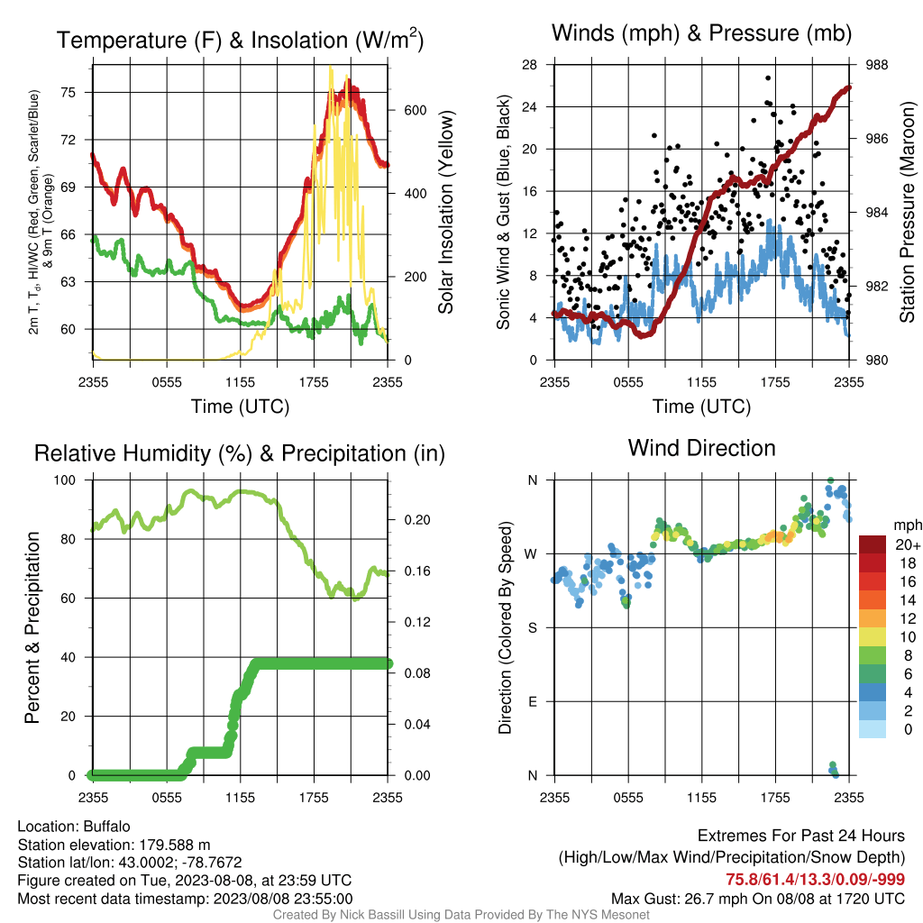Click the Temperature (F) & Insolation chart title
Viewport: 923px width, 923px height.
240,40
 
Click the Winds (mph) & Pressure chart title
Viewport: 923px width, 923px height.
701,33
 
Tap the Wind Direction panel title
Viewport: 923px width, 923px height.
701,448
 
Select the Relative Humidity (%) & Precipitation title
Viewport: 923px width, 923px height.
240,453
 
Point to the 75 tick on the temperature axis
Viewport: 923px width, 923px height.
69,93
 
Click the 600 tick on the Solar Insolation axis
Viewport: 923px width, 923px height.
415,111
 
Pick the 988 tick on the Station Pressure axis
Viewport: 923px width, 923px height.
876,65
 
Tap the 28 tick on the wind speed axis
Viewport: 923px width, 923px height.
530,65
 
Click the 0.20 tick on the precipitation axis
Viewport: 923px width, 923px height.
417,520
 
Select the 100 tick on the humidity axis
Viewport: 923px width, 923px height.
65,480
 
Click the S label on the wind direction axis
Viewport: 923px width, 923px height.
533,628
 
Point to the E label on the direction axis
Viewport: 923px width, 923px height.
533,701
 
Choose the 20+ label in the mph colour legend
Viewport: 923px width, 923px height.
907,544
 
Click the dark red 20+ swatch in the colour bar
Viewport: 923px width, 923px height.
873,544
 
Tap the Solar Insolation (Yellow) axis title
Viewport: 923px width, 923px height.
445,212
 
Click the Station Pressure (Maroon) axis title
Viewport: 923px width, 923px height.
907,212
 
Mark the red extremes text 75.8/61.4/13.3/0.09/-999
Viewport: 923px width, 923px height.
815,880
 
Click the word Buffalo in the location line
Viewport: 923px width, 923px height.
106,827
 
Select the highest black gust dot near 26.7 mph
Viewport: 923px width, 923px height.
768,78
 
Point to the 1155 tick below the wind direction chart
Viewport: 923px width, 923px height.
701,798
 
